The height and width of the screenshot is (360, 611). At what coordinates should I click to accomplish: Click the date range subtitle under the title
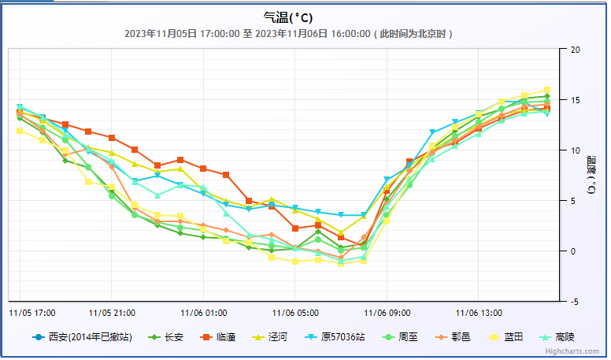288,34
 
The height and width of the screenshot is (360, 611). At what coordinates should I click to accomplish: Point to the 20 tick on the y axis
574,50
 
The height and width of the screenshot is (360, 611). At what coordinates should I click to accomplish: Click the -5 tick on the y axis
574,302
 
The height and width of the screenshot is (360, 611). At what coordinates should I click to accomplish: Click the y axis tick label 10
574,150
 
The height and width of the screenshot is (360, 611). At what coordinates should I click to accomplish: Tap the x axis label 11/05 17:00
32,312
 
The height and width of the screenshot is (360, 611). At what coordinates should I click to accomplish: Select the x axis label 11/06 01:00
203,312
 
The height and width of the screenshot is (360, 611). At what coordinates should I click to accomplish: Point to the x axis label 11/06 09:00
387,312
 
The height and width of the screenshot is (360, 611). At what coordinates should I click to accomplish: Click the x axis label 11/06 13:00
479,312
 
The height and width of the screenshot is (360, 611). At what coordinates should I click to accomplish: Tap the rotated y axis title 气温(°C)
591,176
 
